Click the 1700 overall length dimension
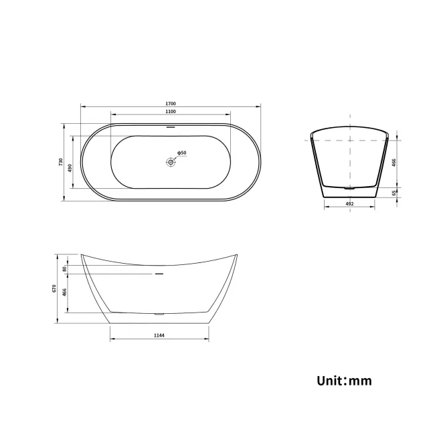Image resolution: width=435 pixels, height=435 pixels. tap(171, 104)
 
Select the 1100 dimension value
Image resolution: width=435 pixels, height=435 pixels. tap(171, 112)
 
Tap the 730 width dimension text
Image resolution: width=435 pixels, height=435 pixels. tap(61, 162)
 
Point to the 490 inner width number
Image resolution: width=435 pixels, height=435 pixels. tap(70, 167)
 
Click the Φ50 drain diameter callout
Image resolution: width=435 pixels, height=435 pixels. tap(181, 153)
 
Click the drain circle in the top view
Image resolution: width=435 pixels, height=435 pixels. tap(171, 161)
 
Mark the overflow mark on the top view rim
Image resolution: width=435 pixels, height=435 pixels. tap(171, 126)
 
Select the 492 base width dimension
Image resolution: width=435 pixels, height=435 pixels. tap(349, 203)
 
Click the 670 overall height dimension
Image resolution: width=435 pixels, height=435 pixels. tap(53, 288)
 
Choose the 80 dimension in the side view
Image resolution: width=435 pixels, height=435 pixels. tap(64, 268)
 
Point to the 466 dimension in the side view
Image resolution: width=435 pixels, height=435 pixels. tap(64, 292)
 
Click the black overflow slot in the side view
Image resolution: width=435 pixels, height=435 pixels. tap(159, 274)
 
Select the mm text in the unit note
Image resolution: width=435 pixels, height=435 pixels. tap(361, 381)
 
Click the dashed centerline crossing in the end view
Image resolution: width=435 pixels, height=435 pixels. tap(349, 141)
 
